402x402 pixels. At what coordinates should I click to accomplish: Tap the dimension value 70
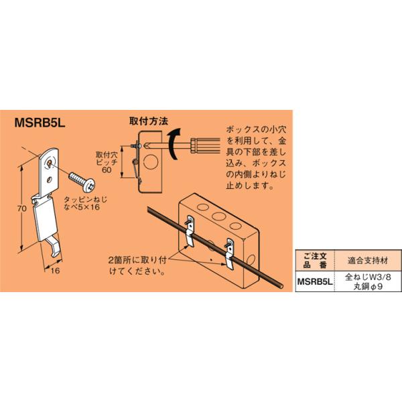coord(21,209)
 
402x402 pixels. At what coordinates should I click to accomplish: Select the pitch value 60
coord(107,170)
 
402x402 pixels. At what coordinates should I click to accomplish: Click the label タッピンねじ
coord(84,199)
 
